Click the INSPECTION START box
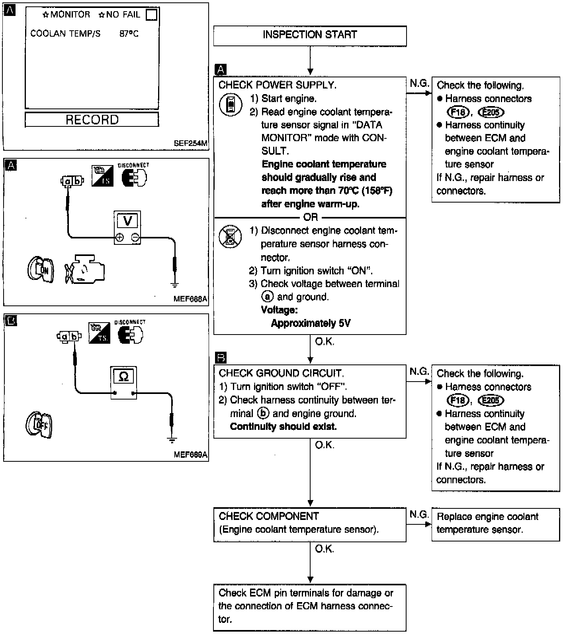coord(310,35)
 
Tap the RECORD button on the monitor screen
coord(92,120)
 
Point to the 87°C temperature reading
coord(129,34)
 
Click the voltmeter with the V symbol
coord(127,227)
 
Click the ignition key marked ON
coord(41,270)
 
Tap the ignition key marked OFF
coord(39,425)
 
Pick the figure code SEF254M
coord(190,143)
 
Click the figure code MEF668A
coord(190,299)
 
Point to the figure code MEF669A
coord(190,455)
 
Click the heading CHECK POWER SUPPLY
coord(277,85)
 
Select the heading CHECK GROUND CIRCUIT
coord(281,373)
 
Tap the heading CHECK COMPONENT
coord(269,516)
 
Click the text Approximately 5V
coord(311,323)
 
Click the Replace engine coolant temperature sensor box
coord(495,524)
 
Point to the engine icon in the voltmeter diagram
coord(85,270)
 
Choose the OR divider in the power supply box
coord(311,217)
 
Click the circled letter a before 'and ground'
coord(268,297)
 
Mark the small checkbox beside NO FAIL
coord(152,15)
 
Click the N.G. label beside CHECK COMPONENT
coord(419,514)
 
